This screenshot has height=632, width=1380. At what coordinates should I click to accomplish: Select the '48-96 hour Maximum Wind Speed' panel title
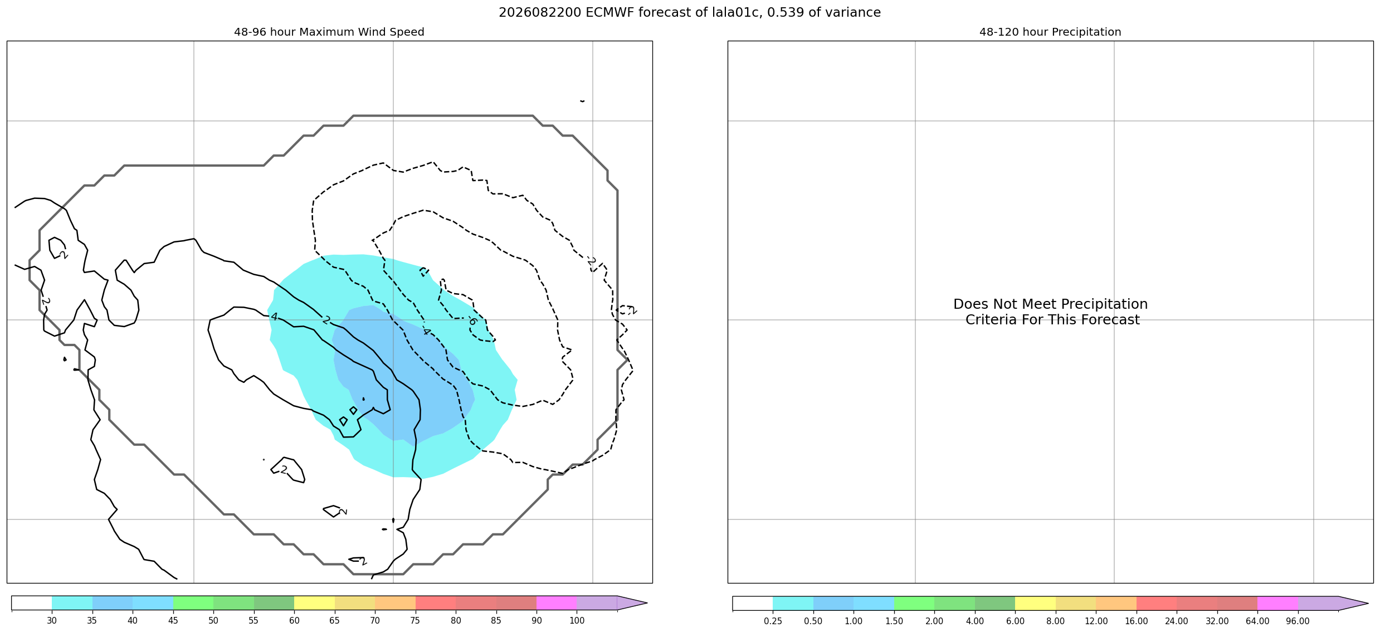(x=329, y=32)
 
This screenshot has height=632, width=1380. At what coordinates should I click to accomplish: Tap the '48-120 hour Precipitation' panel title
(x=1050, y=32)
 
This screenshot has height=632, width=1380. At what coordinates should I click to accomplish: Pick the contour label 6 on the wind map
(x=472, y=321)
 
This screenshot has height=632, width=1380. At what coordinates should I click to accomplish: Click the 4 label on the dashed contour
(x=426, y=332)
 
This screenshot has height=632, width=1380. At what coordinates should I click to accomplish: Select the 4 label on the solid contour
(x=274, y=317)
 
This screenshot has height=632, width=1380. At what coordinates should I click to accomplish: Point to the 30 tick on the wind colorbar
(x=52, y=620)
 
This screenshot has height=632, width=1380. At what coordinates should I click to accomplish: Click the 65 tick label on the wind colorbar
(x=335, y=620)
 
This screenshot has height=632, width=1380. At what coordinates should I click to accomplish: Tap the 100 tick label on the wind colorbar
(x=577, y=620)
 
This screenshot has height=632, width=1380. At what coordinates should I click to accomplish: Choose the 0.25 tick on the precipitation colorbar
(x=773, y=620)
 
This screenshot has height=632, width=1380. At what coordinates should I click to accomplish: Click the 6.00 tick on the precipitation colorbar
(x=1015, y=620)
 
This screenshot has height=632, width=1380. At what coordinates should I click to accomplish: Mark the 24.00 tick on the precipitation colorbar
(x=1177, y=620)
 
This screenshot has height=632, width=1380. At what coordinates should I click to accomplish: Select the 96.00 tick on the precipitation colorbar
(x=1298, y=620)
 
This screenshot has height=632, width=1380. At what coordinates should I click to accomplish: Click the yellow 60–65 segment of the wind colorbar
(x=314, y=603)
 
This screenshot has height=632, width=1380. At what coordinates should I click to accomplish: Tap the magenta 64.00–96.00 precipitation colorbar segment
(x=1277, y=603)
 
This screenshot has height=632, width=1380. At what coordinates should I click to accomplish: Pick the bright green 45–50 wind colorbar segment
(x=193, y=603)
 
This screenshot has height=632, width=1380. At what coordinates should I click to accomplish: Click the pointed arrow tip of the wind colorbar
(x=647, y=603)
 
